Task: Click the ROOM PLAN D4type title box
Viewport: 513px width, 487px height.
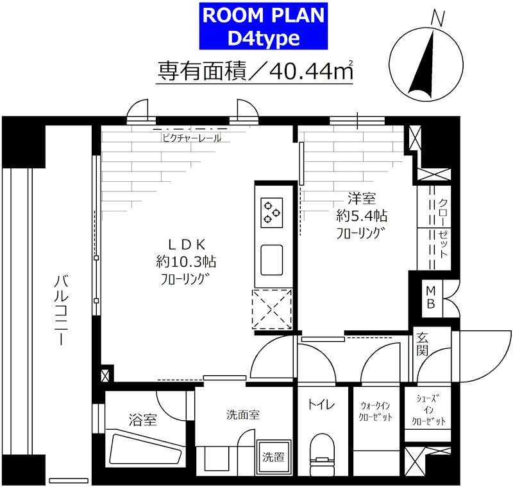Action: (264, 26)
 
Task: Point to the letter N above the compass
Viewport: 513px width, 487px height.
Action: (438, 19)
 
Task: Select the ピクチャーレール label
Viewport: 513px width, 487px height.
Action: (191, 137)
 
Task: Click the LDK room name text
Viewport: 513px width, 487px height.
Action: (186, 243)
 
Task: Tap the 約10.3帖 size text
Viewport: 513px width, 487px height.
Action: (185, 261)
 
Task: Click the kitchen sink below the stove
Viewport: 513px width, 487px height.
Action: (271, 260)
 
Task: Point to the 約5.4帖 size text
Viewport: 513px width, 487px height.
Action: (362, 215)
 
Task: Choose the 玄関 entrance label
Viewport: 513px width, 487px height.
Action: (423, 344)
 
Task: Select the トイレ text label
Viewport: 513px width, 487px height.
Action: (321, 405)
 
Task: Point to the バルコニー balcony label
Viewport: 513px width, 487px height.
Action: (61, 309)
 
